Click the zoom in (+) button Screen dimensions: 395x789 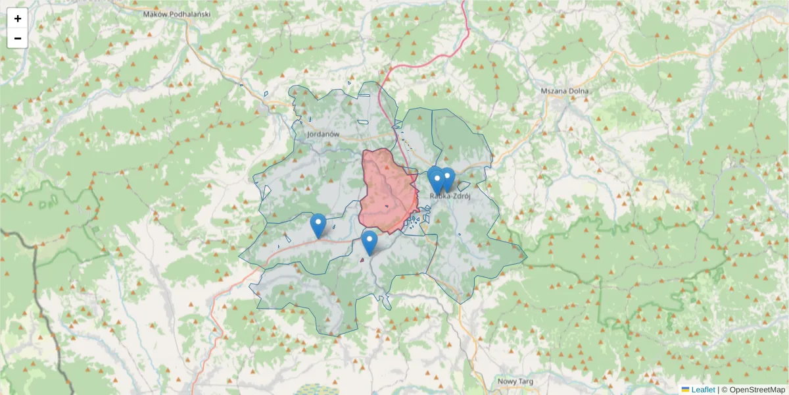(18, 18)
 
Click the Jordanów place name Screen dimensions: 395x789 (322, 134)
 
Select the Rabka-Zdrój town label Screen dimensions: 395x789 (452, 195)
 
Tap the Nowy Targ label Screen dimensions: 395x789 (515, 381)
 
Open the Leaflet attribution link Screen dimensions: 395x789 (703, 390)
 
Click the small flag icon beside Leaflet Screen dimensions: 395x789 (685, 390)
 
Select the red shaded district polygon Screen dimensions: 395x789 (388, 191)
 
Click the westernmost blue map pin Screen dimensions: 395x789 (318, 225)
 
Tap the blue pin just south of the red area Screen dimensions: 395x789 (370, 242)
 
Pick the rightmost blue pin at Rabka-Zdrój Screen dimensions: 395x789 (447, 178)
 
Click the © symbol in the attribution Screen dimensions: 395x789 (725, 390)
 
